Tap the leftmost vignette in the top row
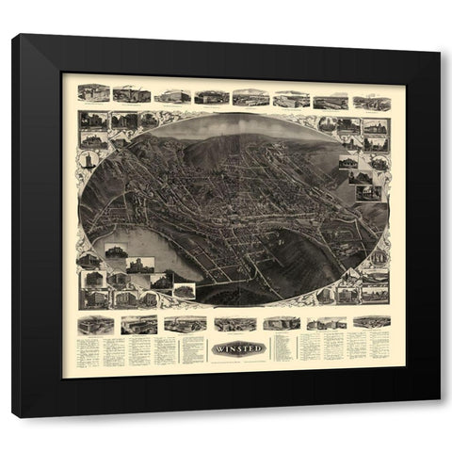coord(93,93)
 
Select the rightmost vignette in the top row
coord(370,99)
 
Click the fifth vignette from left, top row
coord(250,98)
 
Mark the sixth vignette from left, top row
coord(291,98)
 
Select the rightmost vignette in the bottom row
coord(370,322)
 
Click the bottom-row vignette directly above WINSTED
coord(235,324)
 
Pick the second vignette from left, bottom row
coord(139,325)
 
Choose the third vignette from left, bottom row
coord(185,324)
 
